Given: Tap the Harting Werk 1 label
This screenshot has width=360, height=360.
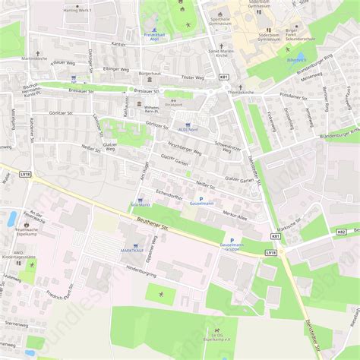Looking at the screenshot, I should [x=77, y=11].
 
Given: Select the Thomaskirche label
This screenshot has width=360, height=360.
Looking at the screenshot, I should [x=242, y=92].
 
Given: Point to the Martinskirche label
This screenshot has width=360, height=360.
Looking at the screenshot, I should [x=34, y=58].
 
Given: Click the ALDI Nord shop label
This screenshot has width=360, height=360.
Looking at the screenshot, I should [x=187, y=129].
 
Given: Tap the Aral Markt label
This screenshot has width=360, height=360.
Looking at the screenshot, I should [x=140, y=205].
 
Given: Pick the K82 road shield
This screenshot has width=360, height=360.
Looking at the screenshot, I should [x=341, y=232].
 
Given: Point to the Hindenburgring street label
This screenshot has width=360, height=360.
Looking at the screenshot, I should [x=141, y=269].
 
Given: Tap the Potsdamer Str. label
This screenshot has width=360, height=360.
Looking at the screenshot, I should [x=291, y=97].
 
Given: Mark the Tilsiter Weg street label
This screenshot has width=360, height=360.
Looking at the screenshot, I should [x=194, y=77].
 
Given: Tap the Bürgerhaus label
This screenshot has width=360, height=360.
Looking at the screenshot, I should [x=150, y=73].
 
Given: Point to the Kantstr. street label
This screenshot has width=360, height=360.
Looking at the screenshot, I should [x=118, y=44].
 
